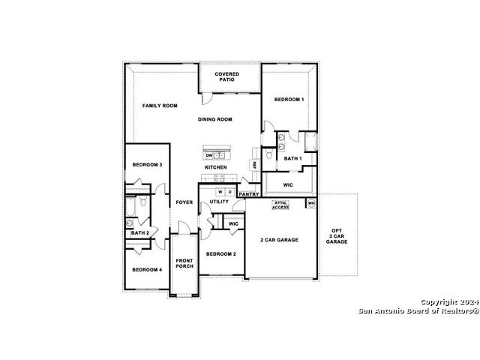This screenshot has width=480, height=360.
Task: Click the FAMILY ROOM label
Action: click(x=160, y=106)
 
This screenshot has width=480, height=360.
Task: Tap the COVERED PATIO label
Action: click(x=226, y=76)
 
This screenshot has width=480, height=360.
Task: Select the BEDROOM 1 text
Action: click(x=289, y=100)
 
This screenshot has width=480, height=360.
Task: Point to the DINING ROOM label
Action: click(x=215, y=119)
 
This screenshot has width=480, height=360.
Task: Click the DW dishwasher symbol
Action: click(x=209, y=155)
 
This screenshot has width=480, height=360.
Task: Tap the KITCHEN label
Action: click(x=216, y=167)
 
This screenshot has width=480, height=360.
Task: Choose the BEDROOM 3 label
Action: click(x=147, y=165)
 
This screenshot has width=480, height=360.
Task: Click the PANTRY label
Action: click(x=249, y=194)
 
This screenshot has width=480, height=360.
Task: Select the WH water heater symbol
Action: click(x=311, y=203)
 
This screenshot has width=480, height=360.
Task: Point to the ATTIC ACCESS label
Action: click(x=280, y=205)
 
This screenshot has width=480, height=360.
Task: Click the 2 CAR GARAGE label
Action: click(x=279, y=240)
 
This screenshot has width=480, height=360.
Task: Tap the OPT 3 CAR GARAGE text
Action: click(x=337, y=236)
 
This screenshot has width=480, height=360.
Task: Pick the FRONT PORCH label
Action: click(x=184, y=263)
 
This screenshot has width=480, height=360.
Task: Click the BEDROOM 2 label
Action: click(x=221, y=254)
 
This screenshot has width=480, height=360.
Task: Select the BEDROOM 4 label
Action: click(x=147, y=270)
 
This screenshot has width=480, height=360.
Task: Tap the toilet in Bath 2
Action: click(x=143, y=201)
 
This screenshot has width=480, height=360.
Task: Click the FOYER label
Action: click(x=184, y=202)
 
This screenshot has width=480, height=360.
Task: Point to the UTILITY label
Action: click(x=219, y=202)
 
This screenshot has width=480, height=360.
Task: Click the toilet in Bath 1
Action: click(x=268, y=154)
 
